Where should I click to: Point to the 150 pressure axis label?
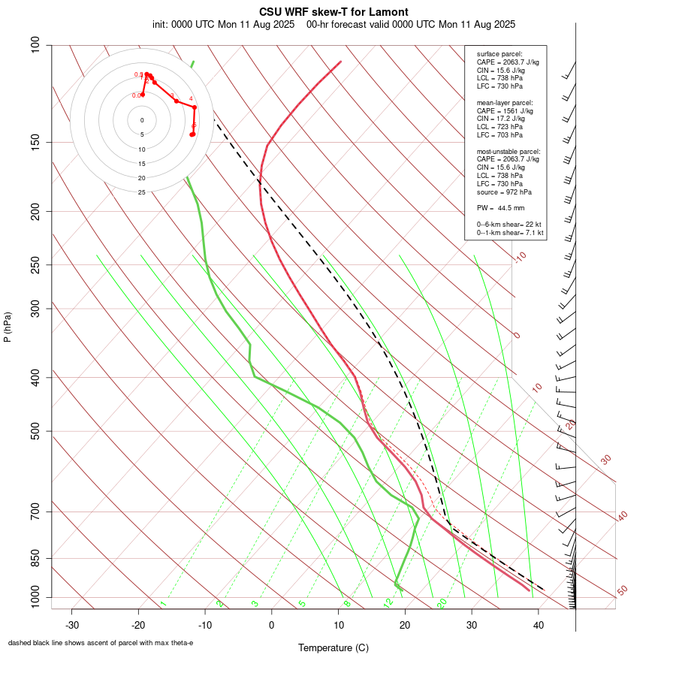(35, 142)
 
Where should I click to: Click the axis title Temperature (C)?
(333, 647)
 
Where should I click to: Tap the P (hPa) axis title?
(8, 327)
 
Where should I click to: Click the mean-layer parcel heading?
(505, 102)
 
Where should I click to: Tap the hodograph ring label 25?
(142, 192)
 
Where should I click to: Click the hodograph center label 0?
(142, 120)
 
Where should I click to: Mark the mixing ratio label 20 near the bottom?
(442, 602)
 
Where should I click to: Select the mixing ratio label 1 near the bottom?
(163, 603)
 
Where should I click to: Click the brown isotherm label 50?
(622, 590)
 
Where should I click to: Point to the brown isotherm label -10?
(520, 257)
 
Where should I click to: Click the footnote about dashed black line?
(101, 643)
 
